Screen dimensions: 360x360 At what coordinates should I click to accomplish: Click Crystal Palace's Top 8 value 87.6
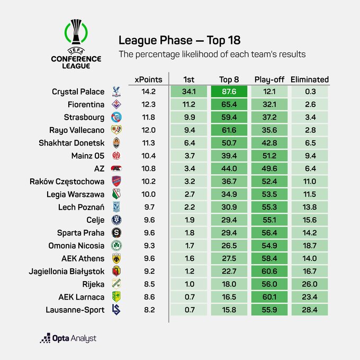click(x=229, y=92)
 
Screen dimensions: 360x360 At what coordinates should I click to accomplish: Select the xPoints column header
click(x=148, y=79)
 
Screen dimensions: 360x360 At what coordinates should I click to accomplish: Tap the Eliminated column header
click(x=310, y=79)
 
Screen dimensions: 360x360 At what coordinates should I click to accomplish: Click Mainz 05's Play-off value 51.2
click(x=269, y=156)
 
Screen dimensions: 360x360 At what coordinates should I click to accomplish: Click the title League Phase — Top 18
click(x=179, y=41)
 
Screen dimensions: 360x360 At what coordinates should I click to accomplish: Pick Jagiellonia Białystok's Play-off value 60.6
click(x=269, y=272)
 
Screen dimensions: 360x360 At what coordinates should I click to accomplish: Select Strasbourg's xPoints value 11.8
click(x=148, y=118)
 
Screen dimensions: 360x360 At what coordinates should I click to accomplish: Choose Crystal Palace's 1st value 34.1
click(x=188, y=92)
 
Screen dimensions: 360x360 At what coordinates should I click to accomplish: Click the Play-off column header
click(x=269, y=79)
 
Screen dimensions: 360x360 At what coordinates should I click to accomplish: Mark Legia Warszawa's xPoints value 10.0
click(x=148, y=194)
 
